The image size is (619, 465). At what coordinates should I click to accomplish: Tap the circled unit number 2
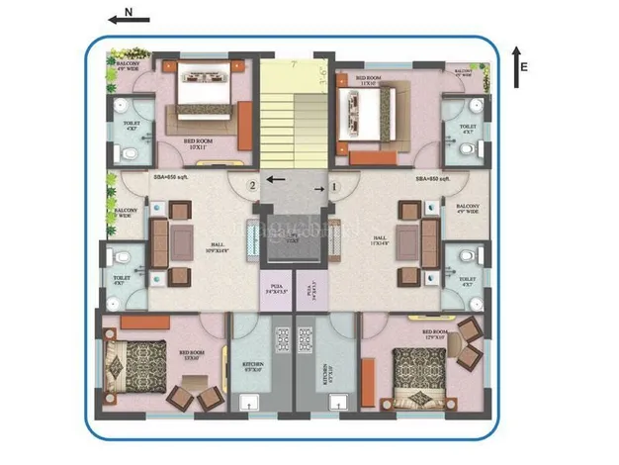253,184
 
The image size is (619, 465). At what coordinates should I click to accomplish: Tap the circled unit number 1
334,184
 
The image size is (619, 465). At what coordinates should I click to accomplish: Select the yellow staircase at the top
293,119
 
